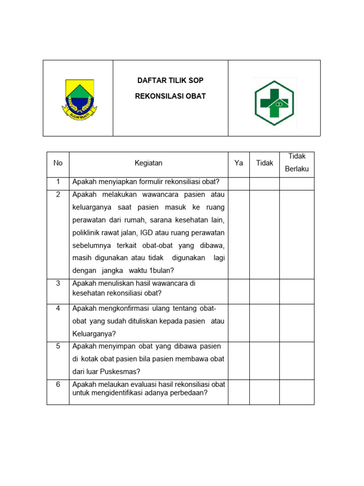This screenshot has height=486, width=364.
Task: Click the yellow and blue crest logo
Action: tap(79, 99)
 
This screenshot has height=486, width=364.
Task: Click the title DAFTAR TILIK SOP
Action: tap(170, 81)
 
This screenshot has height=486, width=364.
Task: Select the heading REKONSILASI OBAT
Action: tap(170, 96)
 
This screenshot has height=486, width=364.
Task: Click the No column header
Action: tap(58, 163)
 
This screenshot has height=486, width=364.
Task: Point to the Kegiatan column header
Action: tap(148, 163)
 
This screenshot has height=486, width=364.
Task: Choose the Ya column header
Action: tap(239, 163)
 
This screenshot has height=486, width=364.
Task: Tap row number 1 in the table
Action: tap(58, 182)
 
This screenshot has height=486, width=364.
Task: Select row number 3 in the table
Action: tap(58, 283)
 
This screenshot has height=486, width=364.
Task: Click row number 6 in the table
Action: tap(58, 384)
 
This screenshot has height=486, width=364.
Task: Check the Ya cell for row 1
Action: tap(239, 184)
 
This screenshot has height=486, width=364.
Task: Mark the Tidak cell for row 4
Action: tap(264, 323)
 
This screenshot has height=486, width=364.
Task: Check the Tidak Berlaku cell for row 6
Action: tap(297, 392)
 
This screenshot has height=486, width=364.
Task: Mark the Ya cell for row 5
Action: tap(239, 361)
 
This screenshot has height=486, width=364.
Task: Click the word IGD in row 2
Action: tap(146, 233)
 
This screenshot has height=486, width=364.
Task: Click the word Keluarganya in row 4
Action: tap(94, 334)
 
